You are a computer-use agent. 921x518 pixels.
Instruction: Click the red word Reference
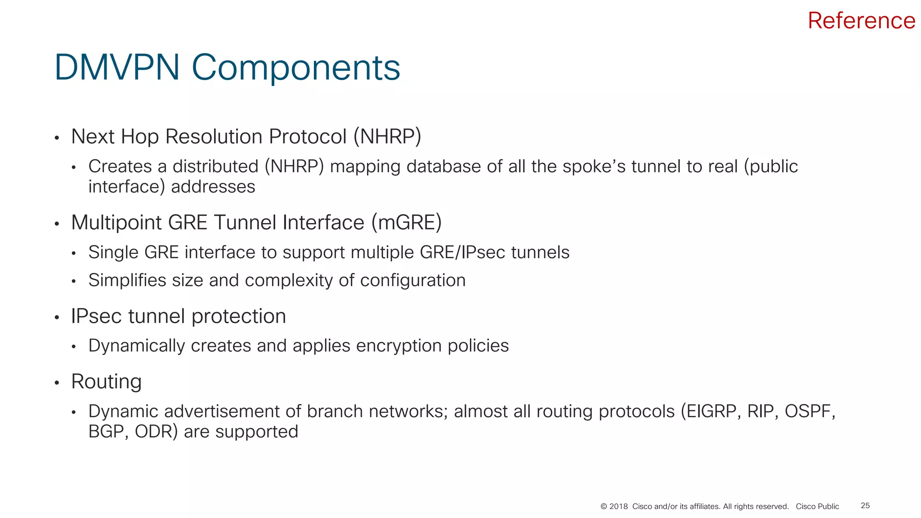point(861,21)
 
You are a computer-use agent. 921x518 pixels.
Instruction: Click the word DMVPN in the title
point(117,67)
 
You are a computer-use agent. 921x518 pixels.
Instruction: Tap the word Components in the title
point(295,68)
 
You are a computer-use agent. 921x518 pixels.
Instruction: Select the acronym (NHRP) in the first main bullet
point(387,137)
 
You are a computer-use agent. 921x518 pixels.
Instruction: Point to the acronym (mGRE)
point(407,223)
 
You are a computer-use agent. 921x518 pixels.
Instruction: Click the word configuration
point(412,280)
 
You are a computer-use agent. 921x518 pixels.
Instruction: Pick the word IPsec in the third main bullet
point(96,316)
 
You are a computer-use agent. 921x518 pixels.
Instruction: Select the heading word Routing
point(106,382)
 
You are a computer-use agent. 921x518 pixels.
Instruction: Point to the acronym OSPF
point(809,411)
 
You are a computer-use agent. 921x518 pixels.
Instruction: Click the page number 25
point(865,506)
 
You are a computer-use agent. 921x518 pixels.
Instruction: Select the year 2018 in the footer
point(618,507)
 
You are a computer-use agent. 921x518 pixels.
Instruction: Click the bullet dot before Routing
point(57,383)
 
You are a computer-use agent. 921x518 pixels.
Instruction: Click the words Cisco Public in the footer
point(817,507)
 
